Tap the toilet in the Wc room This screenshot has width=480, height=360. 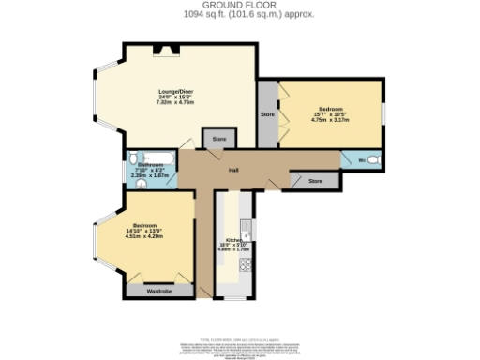(372, 160)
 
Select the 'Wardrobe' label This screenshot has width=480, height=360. (158, 291)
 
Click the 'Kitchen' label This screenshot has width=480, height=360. (233, 239)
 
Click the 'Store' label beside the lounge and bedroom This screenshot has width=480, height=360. (266, 113)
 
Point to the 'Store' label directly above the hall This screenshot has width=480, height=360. (218, 139)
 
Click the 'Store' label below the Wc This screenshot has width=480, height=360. (316, 179)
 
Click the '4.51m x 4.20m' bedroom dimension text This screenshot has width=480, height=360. (144, 236)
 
